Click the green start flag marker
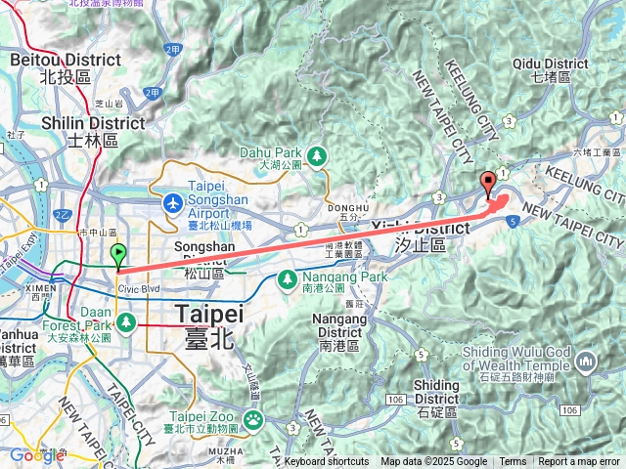click(x=118, y=256)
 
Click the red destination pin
click(x=488, y=184)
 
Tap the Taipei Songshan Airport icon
click(x=173, y=203)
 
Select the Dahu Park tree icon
click(x=316, y=155)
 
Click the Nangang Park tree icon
click(x=287, y=279)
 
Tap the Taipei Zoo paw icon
click(x=253, y=420)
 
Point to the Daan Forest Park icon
click(x=126, y=321)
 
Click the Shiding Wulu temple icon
click(x=586, y=362)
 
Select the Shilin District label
click(x=94, y=131)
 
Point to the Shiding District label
click(x=436, y=392)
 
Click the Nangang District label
click(x=342, y=325)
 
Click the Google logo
click(x=36, y=455)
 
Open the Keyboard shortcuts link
click(x=327, y=462)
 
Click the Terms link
click(x=513, y=462)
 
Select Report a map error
click(x=579, y=462)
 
